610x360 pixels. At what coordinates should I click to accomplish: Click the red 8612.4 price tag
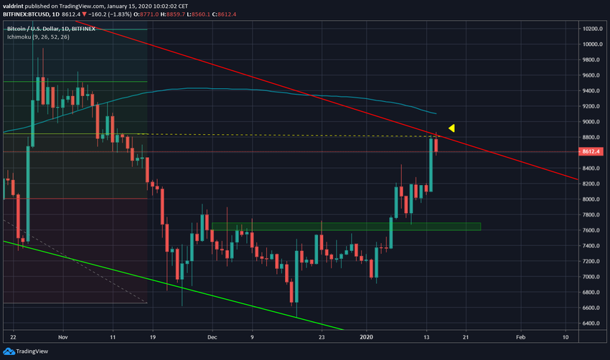592,152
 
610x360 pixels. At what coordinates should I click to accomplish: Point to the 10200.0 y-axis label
592,29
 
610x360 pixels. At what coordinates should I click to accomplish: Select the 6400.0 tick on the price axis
591,323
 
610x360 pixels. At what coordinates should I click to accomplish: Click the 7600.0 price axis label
591,230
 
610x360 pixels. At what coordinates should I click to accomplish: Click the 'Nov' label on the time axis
62,336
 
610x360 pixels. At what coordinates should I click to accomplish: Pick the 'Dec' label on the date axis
212,336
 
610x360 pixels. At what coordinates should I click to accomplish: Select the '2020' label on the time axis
367,336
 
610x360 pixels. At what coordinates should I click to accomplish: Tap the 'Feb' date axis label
521,336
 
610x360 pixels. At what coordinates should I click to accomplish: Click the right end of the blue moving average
436,113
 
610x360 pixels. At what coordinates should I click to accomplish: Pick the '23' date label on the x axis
322,336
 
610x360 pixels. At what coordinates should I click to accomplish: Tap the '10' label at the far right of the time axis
566,336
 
